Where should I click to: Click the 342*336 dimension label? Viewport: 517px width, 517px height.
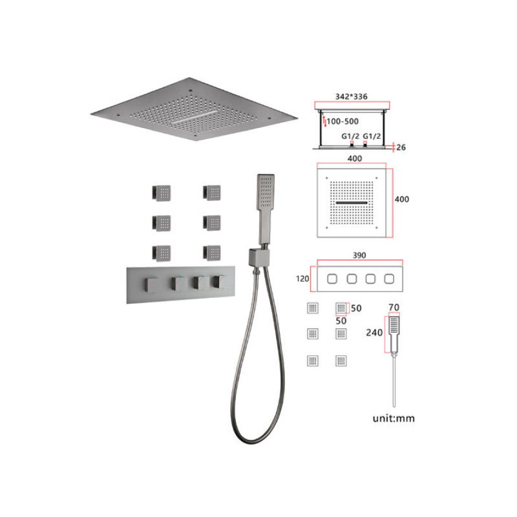[351, 96]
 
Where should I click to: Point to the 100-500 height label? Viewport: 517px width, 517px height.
[343, 121]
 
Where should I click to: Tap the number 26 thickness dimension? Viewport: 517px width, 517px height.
[401, 147]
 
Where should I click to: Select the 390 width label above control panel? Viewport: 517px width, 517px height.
[359, 255]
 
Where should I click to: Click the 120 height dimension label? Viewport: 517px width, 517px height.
[302, 279]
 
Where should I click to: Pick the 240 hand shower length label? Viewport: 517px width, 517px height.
[374, 333]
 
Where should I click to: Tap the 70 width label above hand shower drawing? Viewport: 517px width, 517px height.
[394, 308]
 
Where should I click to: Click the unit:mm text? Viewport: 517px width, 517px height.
[394, 418]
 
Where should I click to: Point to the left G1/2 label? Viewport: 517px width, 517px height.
[350, 136]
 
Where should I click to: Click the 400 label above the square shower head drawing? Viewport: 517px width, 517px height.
[355, 158]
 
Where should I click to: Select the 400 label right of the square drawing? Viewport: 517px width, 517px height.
[402, 199]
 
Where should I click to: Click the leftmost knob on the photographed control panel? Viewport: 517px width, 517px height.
[151, 284]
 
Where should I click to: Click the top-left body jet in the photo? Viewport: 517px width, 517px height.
[161, 193]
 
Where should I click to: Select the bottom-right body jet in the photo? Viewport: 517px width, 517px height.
[212, 253]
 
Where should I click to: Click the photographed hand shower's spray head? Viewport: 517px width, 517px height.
[266, 191]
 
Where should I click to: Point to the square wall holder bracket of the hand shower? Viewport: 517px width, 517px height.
[259, 257]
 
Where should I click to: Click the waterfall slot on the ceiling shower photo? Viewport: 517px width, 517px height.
[195, 117]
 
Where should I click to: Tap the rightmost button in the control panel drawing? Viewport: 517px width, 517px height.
[389, 279]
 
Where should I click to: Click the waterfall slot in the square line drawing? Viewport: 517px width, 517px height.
[352, 203]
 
